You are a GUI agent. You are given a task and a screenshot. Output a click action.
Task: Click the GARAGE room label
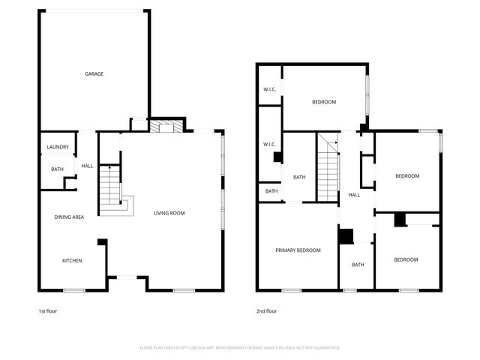94,74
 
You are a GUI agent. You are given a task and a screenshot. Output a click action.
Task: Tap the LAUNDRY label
58,147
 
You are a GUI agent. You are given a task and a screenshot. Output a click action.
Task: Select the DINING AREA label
69,217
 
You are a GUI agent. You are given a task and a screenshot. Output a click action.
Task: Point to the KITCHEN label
72,260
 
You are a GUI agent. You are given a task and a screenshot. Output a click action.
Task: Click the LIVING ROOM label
169,213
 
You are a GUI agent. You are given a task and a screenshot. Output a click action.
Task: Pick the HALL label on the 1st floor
87,166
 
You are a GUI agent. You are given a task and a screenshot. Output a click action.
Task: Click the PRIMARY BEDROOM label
298,250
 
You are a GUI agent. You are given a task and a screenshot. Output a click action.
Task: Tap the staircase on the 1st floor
111,185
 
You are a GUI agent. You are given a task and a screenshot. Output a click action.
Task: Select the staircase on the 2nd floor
327,168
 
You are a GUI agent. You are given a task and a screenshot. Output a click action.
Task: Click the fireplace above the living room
166,127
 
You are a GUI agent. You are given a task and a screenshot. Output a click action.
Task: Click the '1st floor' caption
47,311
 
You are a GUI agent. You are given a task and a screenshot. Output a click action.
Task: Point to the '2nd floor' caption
266,311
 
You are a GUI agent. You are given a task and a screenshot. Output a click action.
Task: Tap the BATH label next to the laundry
58,169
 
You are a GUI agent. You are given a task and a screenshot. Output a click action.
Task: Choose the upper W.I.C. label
270,90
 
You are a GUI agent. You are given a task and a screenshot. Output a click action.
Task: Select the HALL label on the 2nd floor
354,195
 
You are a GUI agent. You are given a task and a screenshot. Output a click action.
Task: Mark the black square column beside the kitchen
102,243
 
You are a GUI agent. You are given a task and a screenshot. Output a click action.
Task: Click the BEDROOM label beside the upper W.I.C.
324,102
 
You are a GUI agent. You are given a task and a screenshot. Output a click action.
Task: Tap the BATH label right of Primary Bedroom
358,264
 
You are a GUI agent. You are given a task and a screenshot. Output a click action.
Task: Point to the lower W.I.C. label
270,144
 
